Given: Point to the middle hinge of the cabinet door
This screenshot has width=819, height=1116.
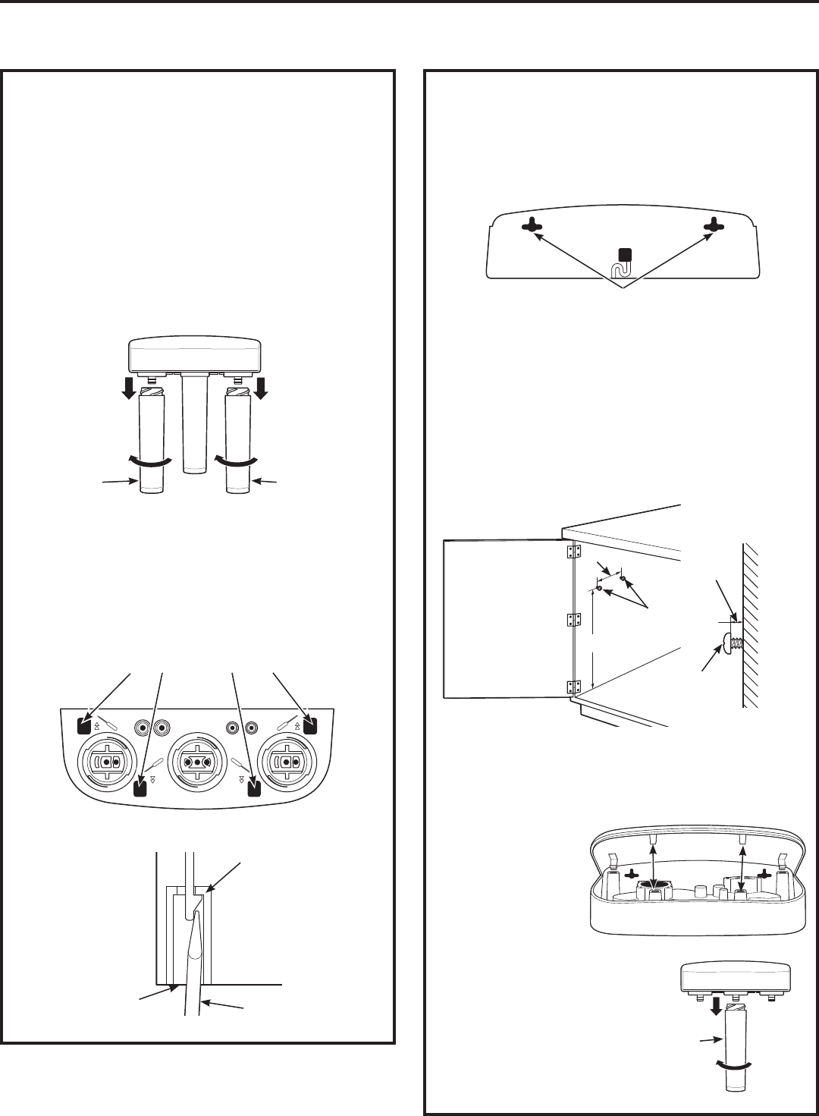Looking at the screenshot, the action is pos(574,621).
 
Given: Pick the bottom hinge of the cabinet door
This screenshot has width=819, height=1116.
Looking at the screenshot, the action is pos(574,687).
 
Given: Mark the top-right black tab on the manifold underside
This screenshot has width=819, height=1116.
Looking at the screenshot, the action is pos(309,726).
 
